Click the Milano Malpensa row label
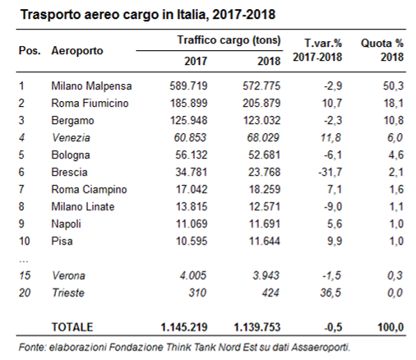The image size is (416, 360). [x=91, y=86]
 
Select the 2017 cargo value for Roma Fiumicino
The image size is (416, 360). [x=189, y=104]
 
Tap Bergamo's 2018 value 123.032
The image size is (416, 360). [x=261, y=121]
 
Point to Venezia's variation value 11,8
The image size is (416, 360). [x=330, y=137]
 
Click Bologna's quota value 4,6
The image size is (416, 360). [x=396, y=155]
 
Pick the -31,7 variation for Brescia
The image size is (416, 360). [x=330, y=173]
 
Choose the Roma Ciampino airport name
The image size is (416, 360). [x=89, y=190]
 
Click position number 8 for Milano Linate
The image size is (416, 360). [x=21, y=207]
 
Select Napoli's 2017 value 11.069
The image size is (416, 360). [x=192, y=224]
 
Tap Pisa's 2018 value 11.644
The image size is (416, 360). [x=265, y=242]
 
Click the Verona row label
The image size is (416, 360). [x=68, y=276]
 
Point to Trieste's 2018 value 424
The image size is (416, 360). [x=270, y=293]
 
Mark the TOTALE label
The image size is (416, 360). [x=72, y=327]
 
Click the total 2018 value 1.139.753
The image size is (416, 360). [x=257, y=327]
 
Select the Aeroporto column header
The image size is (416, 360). [x=77, y=51]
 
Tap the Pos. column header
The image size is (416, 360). [x=30, y=51]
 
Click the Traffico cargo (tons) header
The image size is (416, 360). [x=229, y=40]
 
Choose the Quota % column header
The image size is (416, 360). [x=382, y=44]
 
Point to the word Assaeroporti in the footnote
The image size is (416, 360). [x=321, y=348]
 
